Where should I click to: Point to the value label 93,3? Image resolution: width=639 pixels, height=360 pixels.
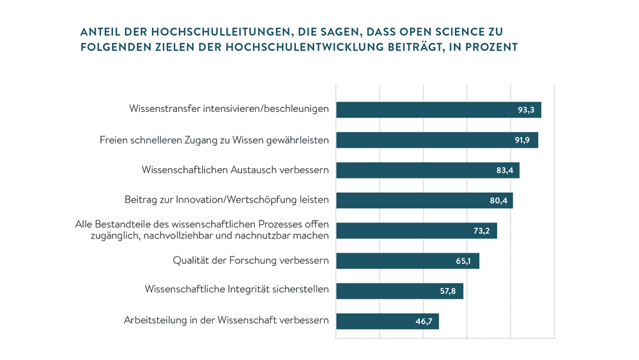click(x=525, y=110)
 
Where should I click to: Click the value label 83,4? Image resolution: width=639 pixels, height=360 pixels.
click(x=504, y=170)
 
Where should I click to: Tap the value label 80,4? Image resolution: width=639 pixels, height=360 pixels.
click(x=498, y=201)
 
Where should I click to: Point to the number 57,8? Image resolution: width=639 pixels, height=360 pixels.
click(x=448, y=291)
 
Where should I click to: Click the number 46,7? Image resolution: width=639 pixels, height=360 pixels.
click(x=424, y=322)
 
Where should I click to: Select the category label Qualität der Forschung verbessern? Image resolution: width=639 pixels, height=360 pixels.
click(x=250, y=260)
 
